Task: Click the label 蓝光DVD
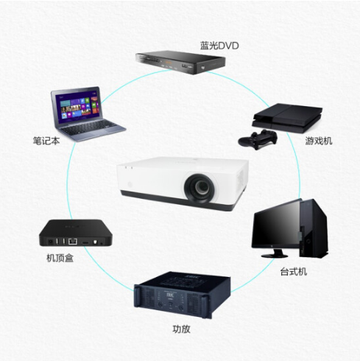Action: click(219, 46)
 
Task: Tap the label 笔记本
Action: click(46, 141)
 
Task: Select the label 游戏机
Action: click(319, 141)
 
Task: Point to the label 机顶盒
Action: click(60, 258)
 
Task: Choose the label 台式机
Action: click(294, 272)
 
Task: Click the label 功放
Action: click(181, 329)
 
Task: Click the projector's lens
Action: click(200, 189)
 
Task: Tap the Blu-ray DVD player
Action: click(180, 62)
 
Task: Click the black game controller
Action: click(258, 139)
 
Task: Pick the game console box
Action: click(287, 118)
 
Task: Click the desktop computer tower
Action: click(314, 228)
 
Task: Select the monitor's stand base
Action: click(275, 255)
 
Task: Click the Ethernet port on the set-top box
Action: click(73, 242)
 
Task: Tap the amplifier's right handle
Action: click(205, 306)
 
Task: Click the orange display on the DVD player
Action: click(167, 62)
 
